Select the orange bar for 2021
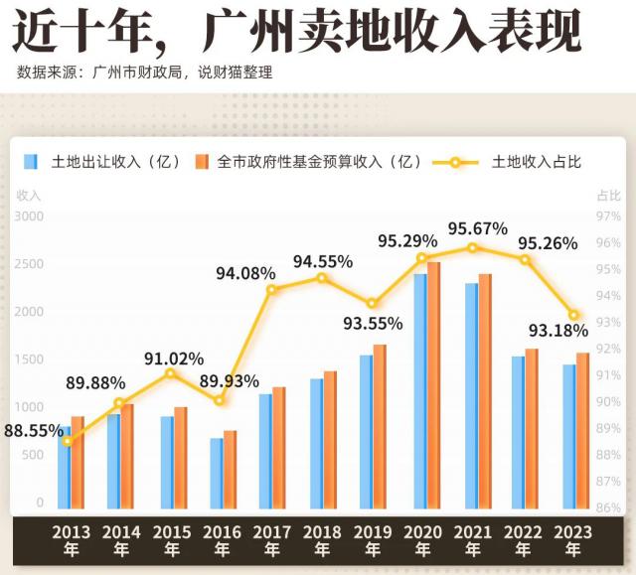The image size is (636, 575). (x=485, y=392)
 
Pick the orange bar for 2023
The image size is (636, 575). (x=582, y=432)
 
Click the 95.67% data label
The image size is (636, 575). (x=477, y=228)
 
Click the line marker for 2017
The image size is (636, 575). (x=271, y=289)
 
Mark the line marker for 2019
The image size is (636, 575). (x=372, y=304)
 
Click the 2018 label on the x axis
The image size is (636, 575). (x=322, y=532)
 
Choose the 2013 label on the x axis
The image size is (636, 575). (x=72, y=532)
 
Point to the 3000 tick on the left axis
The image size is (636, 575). (x=31, y=216)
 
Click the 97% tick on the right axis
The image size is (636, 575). (x=608, y=216)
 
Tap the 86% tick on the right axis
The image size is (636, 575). (x=608, y=506)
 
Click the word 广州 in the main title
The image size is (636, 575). (x=243, y=33)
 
